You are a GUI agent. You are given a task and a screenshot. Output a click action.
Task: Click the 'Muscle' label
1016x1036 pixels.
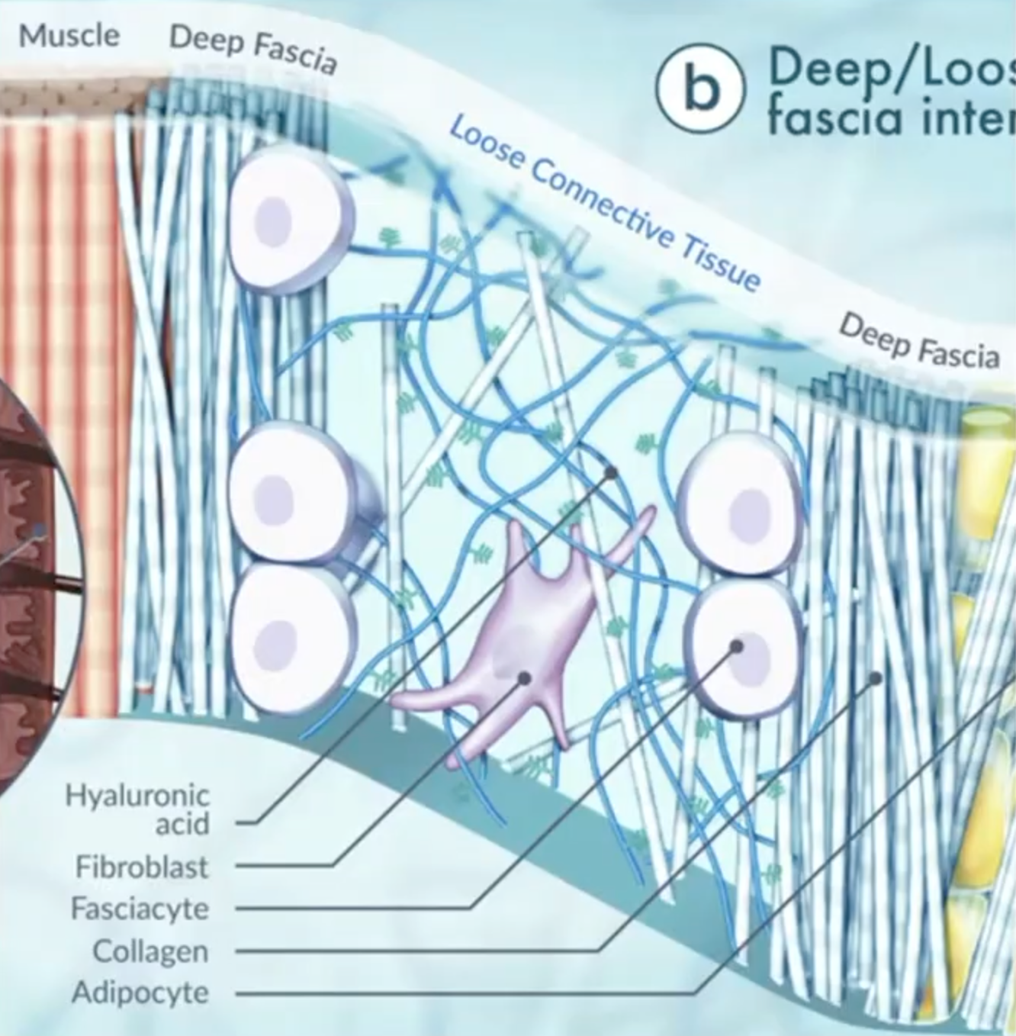pyautogui.click(x=69, y=35)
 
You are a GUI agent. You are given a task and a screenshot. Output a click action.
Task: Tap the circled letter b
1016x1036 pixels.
pyautogui.click(x=700, y=89)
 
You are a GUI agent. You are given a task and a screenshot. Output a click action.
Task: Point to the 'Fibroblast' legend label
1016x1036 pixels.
pyautogui.click(x=141, y=867)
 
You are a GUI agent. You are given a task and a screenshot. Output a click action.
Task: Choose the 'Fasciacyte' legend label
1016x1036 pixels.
pyautogui.click(x=140, y=909)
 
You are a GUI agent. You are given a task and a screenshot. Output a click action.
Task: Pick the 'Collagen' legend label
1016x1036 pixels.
pyautogui.click(x=150, y=951)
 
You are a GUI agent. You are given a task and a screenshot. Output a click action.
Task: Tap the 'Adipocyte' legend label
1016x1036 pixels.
pyautogui.click(x=140, y=993)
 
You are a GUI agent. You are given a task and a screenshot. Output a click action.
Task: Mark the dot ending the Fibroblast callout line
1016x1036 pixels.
pyautogui.click(x=525, y=677)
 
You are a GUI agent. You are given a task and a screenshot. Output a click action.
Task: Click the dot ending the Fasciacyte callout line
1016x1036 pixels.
pyautogui.click(x=736, y=646)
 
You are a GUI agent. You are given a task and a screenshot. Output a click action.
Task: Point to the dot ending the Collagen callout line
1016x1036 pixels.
pyautogui.click(x=876, y=677)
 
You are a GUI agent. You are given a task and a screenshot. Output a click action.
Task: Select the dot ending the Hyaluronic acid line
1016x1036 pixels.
pyautogui.click(x=611, y=473)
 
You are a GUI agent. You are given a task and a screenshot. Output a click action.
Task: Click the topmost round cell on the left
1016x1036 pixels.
pyautogui.click(x=290, y=219)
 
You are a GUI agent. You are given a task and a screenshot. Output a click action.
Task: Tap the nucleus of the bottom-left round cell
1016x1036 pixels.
pyautogui.click(x=278, y=638)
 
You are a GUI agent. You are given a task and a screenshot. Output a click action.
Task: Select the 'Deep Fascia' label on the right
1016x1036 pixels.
pyautogui.click(x=919, y=342)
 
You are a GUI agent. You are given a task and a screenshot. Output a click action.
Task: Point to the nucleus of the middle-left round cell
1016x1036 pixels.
pyautogui.click(x=274, y=499)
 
